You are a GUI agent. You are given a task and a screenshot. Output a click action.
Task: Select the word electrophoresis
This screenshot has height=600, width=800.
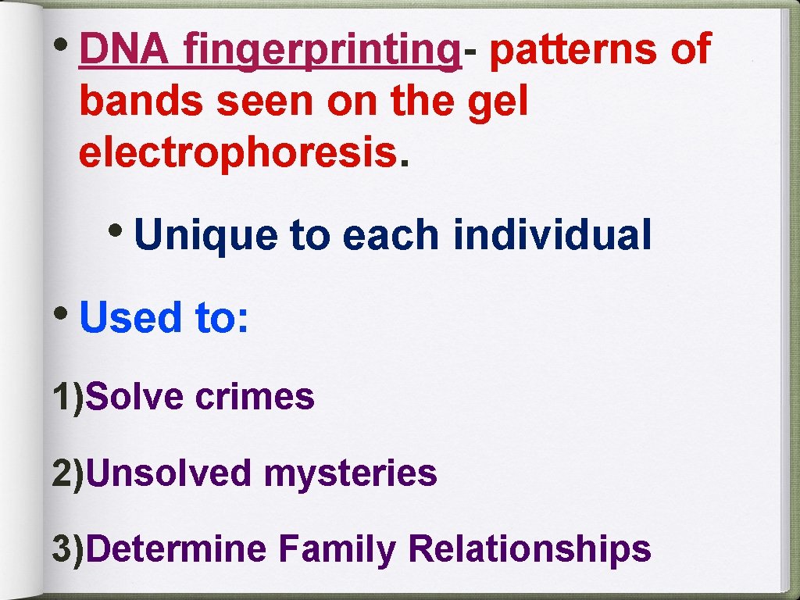237,153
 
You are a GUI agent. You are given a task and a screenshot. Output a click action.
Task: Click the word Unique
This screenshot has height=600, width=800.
205,234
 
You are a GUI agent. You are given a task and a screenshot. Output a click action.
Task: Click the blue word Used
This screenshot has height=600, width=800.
130,317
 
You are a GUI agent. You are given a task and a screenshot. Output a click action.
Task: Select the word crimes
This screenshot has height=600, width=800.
255,396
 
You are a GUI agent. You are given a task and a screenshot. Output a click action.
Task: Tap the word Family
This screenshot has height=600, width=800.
337,549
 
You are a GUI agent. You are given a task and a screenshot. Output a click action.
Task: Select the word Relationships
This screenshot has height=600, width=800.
529,549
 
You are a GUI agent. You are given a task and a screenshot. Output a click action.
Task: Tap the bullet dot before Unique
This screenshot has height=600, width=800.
118,227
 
